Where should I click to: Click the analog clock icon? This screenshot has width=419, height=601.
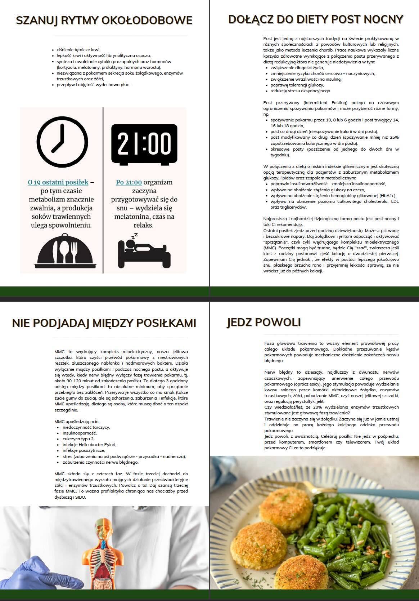pos(62,143)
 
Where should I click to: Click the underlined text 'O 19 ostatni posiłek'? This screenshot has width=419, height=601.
pos(58,182)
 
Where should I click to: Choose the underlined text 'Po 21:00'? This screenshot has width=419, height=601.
pos(129,182)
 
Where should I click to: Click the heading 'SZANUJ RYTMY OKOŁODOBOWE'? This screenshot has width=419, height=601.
pos(104,21)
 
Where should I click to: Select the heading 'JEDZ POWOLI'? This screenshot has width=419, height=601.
pos(264,322)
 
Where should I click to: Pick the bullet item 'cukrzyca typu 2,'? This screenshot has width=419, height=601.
pos(78,439)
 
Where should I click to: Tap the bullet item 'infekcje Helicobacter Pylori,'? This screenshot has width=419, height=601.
pos(89,445)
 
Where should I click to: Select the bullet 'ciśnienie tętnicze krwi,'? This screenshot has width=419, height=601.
pos(78,50)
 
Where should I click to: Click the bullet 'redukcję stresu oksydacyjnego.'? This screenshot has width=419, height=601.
pos(301,91)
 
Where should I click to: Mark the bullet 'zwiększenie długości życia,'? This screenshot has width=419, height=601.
pos(297,67)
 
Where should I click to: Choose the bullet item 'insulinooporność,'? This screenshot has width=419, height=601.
pos(80,433)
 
